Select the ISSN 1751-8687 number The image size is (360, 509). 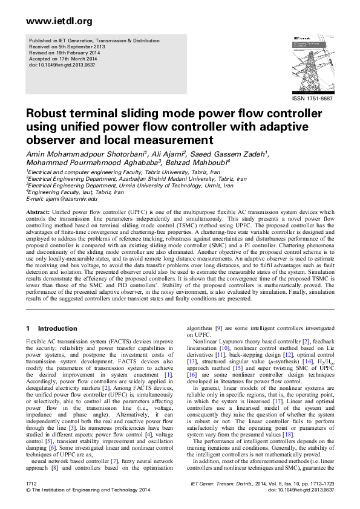coord(312,98)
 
